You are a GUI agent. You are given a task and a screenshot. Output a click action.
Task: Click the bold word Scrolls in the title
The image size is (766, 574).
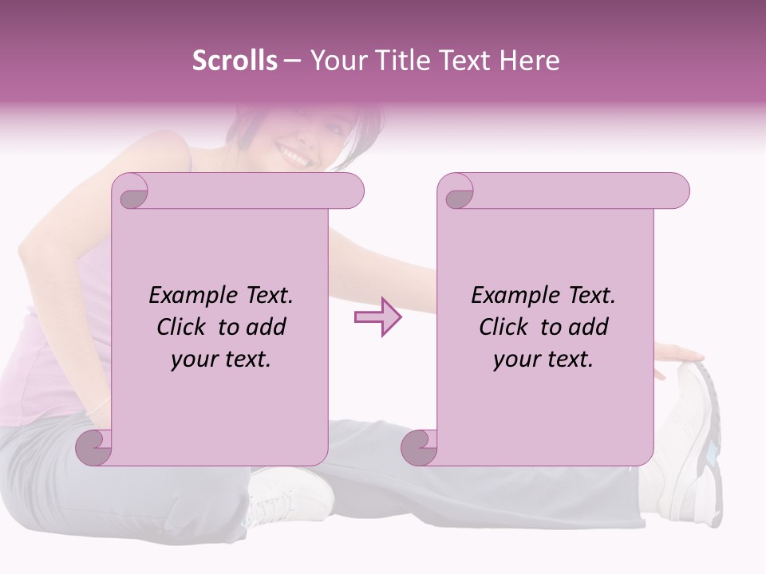pos(235,61)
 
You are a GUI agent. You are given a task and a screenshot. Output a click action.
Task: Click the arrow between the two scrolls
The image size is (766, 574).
pos(377,316)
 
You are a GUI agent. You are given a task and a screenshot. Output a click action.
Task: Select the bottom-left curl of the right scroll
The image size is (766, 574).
pos(421,446)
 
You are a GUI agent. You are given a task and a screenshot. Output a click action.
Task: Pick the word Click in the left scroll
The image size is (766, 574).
pos(183,328)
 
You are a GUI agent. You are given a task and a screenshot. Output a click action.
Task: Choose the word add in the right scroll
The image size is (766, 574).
pos(589,328)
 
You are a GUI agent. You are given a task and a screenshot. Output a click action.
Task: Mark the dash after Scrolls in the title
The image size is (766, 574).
pos(292,61)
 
